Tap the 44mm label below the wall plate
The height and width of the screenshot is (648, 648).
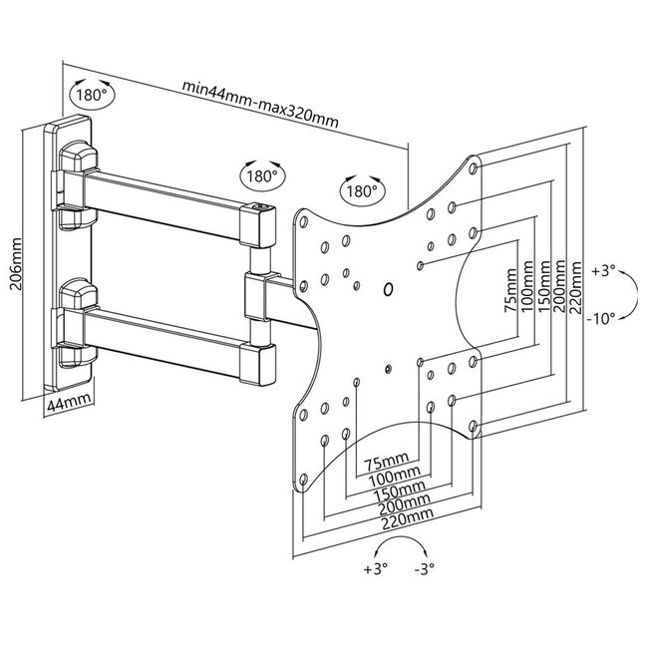point(69,403)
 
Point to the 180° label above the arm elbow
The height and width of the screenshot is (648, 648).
point(260,175)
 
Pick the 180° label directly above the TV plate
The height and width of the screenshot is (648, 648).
point(362,188)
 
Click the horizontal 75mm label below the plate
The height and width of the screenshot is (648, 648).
point(386,464)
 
